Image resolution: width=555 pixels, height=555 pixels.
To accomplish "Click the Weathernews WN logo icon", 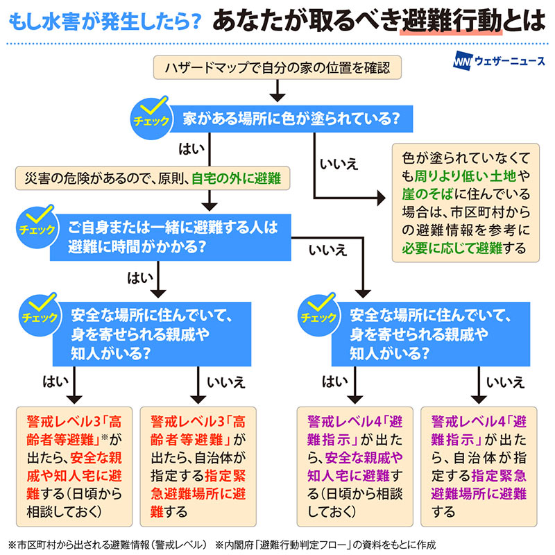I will (461, 62).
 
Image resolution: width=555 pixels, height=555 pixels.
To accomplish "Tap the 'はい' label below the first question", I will (189, 148).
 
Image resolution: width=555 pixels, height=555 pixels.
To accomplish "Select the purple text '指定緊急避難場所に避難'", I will (479, 485).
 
